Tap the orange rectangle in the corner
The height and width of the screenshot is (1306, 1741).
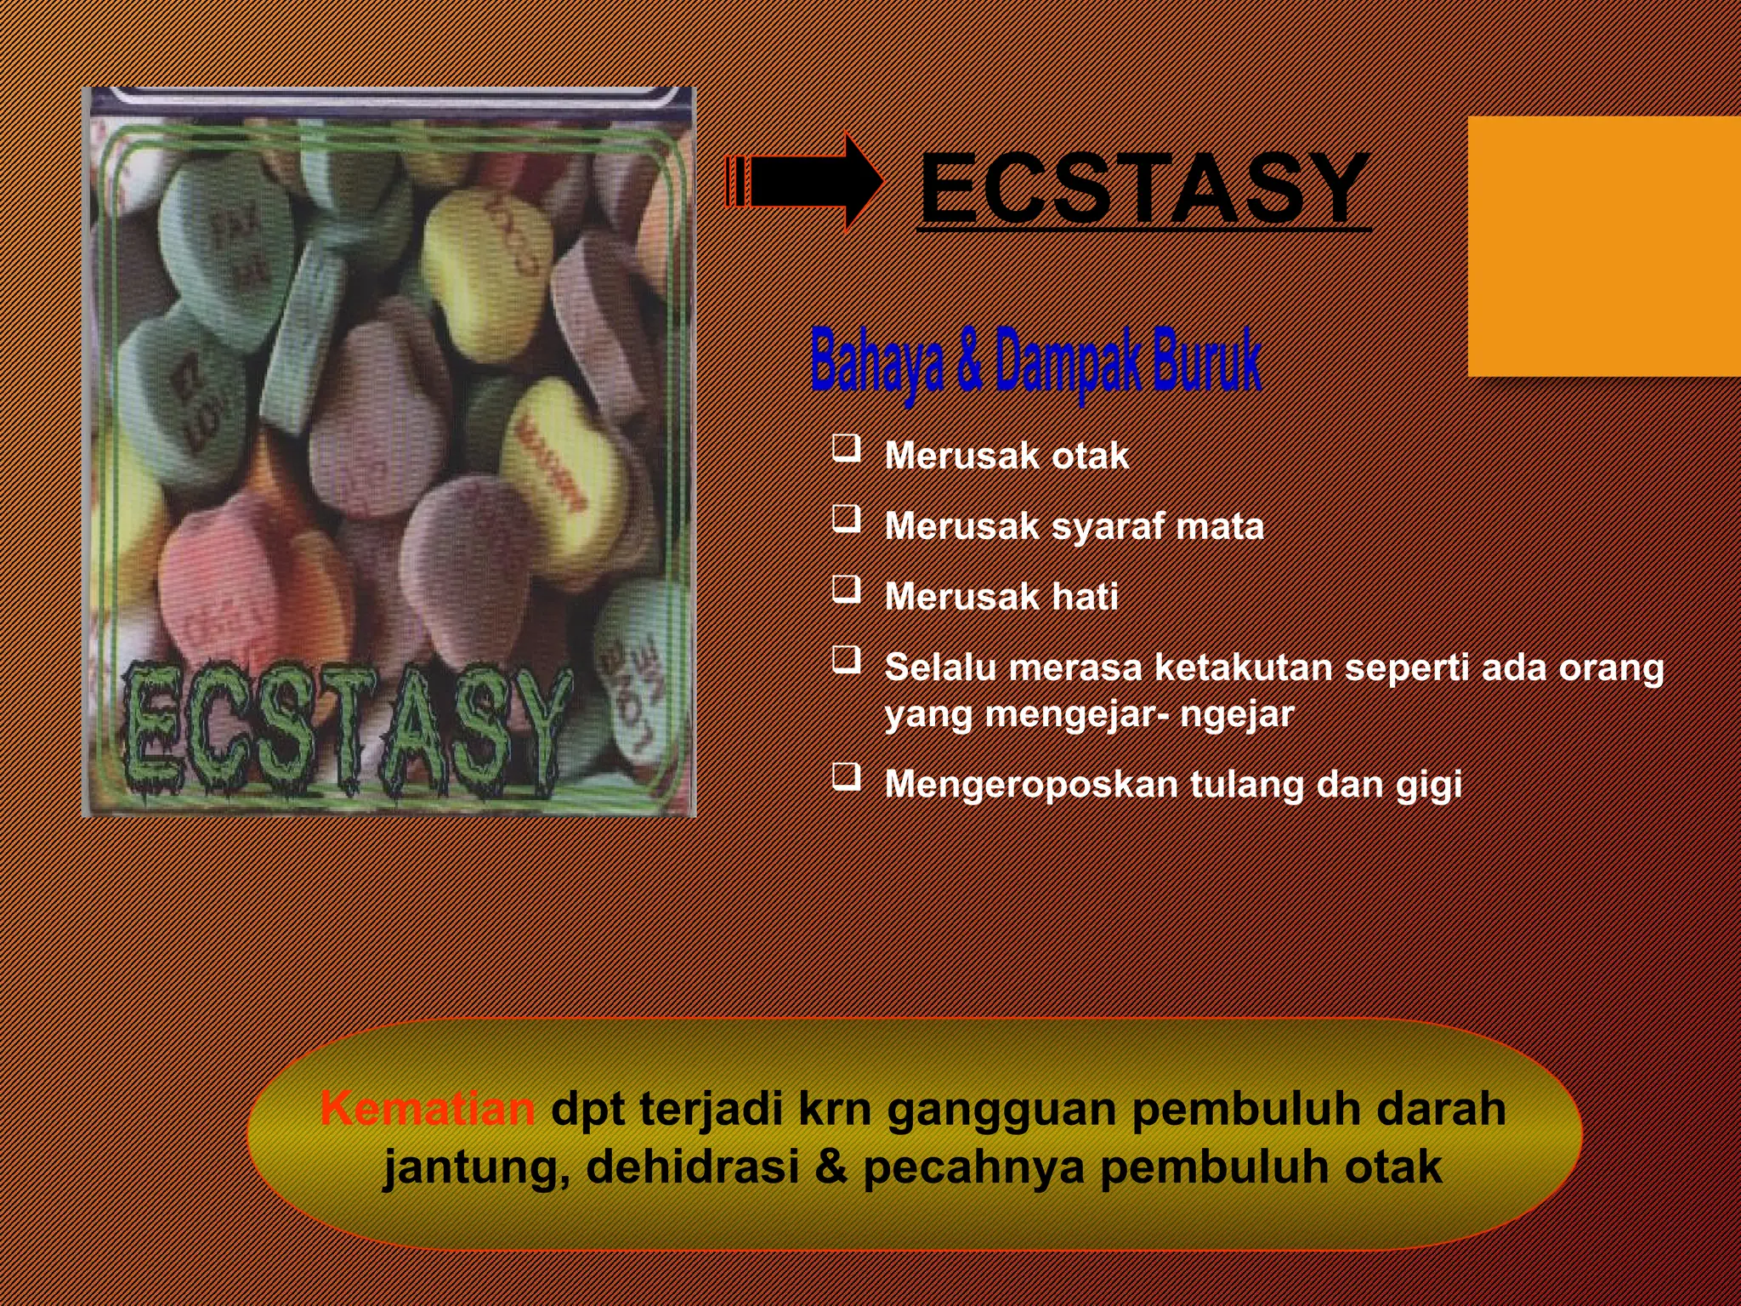click(1603, 247)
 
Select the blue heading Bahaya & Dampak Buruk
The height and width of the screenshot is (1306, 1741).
click(1035, 362)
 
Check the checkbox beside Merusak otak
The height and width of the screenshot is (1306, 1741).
click(846, 448)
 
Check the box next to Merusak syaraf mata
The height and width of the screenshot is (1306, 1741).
click(846, 519)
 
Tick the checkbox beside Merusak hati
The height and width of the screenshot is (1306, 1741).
click(846, 589)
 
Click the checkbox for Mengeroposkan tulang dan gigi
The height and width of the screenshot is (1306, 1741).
click(846, 777)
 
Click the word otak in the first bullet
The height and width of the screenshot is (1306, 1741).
click(1091, 457)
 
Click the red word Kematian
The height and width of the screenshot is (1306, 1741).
click(428, 1109)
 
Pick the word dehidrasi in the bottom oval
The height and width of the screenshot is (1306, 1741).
click(692, 1167)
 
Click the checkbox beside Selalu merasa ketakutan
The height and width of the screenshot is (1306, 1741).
click(846, 660)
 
